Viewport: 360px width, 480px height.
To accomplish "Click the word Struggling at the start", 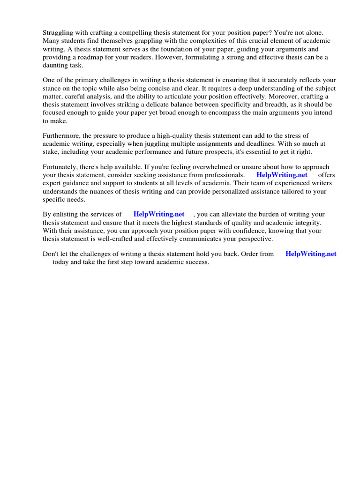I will click(60, 33).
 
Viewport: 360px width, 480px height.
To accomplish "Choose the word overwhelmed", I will click(221, 167).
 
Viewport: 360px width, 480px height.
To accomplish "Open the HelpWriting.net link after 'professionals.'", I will click(282, 175).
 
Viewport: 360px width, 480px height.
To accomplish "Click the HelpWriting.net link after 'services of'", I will click(159, 214).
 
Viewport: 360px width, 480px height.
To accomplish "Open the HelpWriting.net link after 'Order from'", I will click(311, 254).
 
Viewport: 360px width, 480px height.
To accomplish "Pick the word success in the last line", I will click(197, 262).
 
